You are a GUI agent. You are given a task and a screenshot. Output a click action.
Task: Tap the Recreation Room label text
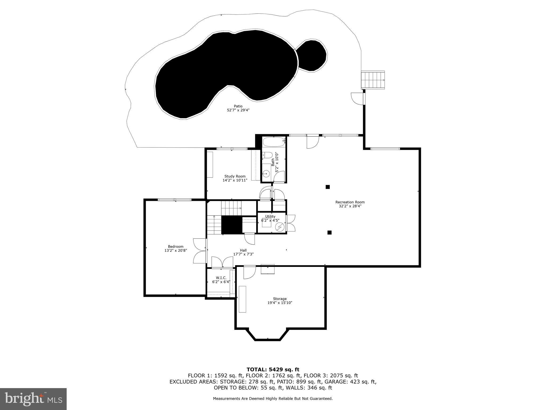coord(350,202)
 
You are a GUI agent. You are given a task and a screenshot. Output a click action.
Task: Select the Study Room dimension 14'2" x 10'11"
coord(235,180)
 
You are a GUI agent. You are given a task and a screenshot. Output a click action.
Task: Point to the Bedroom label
coord(176,246)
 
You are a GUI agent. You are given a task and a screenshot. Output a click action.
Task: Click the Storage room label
coord(280,299)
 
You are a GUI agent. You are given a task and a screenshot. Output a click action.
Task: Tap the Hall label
coord(243,250)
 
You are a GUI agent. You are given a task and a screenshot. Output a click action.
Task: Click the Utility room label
coord(270,216)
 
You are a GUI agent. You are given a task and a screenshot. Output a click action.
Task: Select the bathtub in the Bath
coord(274,142)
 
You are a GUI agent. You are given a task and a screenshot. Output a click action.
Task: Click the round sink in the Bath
coord(266,174)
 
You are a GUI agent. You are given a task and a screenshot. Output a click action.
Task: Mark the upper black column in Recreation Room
coord(328,187)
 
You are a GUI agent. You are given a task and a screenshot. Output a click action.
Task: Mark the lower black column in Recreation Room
coord(329,232)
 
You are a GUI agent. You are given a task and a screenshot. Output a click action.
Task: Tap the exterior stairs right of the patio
coord(373,80)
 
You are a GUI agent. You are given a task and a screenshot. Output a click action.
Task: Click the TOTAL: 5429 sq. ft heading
coord(273,369)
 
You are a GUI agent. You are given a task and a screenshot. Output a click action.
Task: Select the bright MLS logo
coord(33,399)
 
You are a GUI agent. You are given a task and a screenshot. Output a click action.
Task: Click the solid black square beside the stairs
coord(231,225)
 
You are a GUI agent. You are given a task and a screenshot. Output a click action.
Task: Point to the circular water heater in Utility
coord(280,227)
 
